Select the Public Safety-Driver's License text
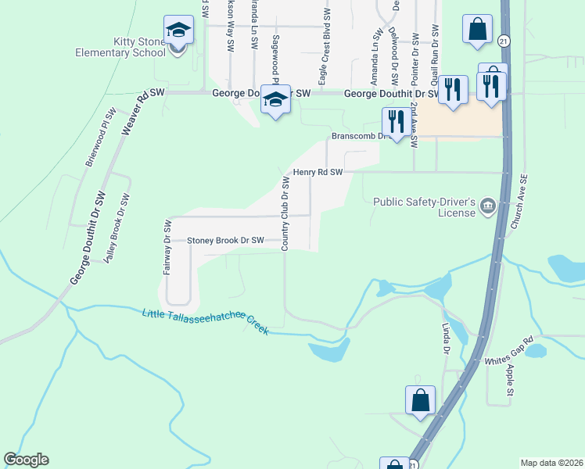[424, 206]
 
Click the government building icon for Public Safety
[488, 206]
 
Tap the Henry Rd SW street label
[318, 172]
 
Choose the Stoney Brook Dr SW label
[225, 241]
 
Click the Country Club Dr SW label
[286, 213]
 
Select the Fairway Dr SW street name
[167, 247]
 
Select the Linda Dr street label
[446, 337]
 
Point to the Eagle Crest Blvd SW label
[324, 47]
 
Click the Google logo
[26, 460]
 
